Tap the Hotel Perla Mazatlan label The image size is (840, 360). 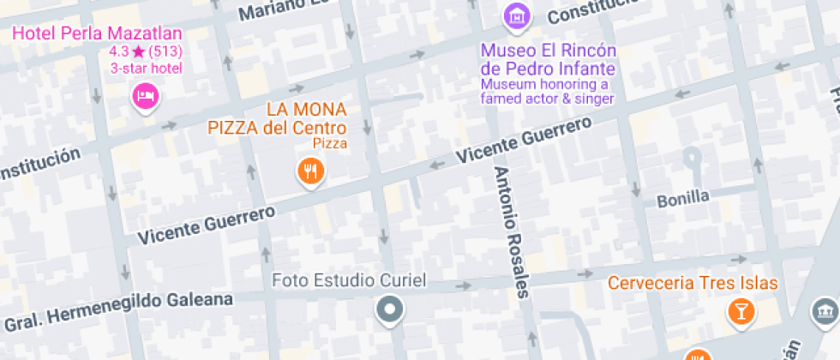[97, 34]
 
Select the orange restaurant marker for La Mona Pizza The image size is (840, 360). [310, 171]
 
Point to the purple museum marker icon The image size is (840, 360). [516, 15]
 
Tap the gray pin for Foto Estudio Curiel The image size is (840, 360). [390, 309]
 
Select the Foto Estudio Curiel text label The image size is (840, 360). [349, 280]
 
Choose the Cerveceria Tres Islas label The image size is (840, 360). [693, 283]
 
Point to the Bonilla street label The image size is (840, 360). [683, 198]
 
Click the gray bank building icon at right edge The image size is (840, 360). [825, 311]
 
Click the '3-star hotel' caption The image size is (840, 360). [147, 69]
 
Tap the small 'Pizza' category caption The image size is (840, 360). [330, 143]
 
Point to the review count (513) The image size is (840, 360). [165, 52]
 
